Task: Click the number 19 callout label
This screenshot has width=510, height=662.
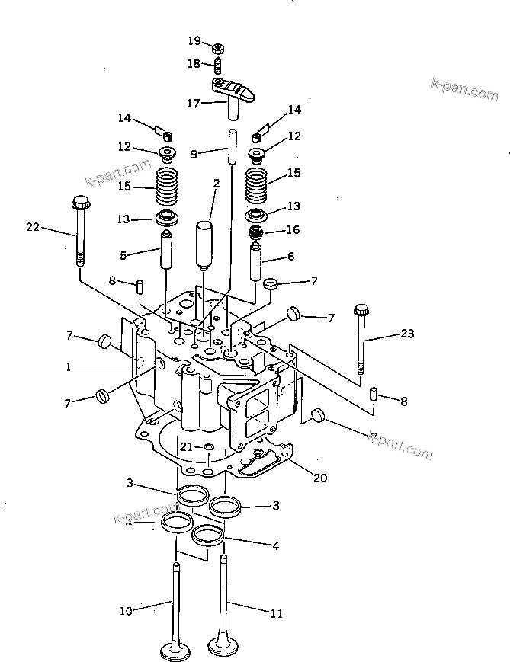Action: [x=194, y=40]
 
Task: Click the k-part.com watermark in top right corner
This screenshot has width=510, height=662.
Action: [x=463, y=89]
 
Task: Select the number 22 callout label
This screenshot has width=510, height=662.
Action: [x=32, y=226]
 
